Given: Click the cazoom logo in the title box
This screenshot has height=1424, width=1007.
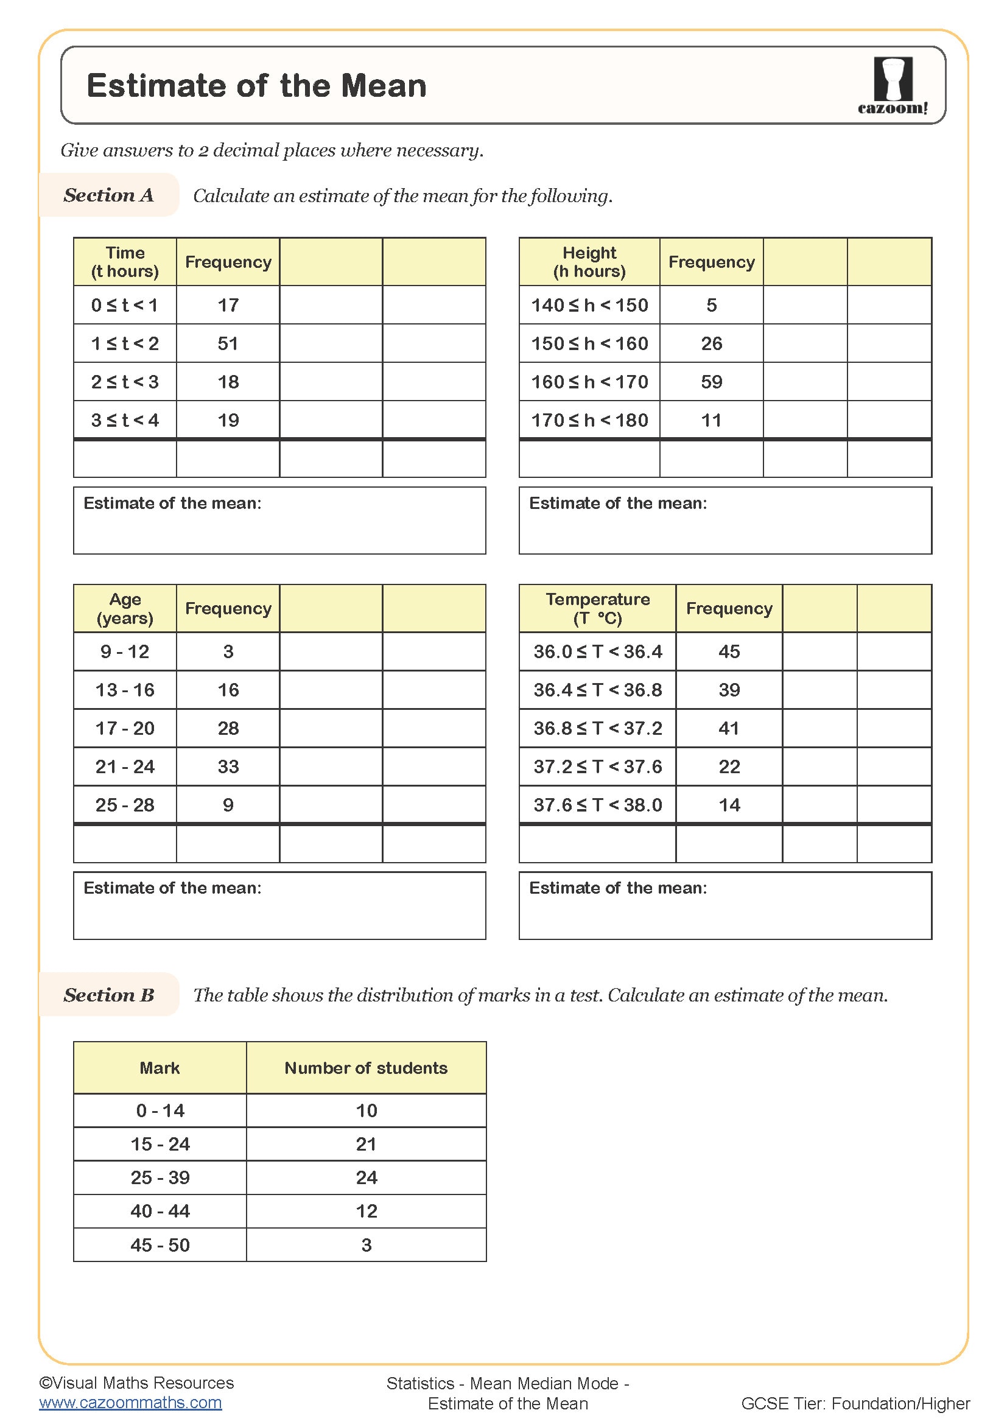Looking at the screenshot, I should [893, 85].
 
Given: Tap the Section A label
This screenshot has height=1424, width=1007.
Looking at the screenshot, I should [108, 195].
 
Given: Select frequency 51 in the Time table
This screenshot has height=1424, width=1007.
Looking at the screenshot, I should [228, 343].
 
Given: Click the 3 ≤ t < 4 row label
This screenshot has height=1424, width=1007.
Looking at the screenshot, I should [125, 420].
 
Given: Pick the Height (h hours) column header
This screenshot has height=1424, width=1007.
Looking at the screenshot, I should [589, 262].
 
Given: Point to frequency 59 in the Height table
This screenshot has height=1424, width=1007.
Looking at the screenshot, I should [711, 382].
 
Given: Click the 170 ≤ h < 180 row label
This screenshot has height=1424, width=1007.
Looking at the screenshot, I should [589, 420].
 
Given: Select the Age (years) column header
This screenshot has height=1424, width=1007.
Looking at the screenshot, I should [125, 608].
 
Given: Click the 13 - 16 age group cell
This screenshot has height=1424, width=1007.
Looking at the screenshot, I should [125, 689].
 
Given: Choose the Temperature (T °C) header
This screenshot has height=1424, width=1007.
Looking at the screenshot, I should [597, 608].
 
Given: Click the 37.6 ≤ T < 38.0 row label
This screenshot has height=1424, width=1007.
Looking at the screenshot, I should [597, 804].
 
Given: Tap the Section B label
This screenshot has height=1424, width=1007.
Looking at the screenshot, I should [108, 994].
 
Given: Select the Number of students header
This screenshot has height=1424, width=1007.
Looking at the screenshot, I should [365, 1067].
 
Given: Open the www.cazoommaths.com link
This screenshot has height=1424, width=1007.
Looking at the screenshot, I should [130, 1402].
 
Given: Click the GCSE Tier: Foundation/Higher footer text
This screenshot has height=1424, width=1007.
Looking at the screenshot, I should [855, 1403].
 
